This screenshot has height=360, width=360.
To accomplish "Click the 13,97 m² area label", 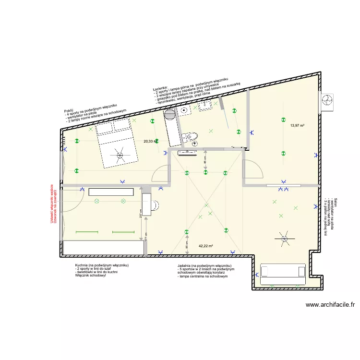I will [x=298, y=126].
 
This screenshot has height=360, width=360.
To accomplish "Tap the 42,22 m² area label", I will [x=205, y=246].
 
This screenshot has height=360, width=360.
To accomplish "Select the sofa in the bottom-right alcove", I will [x=282, y=272].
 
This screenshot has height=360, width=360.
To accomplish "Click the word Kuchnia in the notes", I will [x=82, y=265].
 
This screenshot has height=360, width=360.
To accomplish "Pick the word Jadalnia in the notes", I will [x=185, y=266].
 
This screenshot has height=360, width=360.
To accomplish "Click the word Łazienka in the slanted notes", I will [x=159, y=89].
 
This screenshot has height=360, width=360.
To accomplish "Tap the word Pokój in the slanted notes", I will [x=69, y=113].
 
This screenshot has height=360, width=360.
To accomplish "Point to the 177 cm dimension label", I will [x=146, y=237].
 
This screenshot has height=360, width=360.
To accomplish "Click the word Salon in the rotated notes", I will [x=336, y=203].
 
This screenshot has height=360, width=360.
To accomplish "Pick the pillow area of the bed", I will [x=113, y=126].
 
